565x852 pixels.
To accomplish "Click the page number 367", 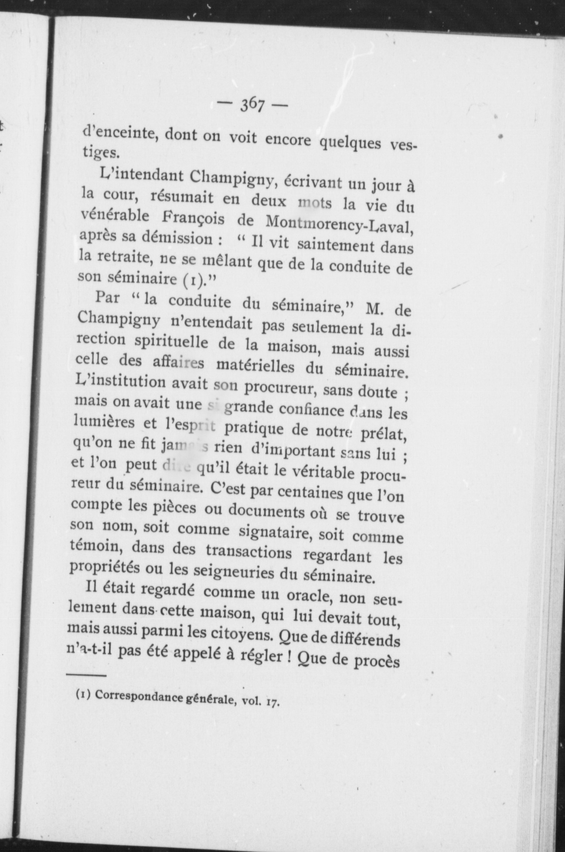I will click(252, 105).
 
